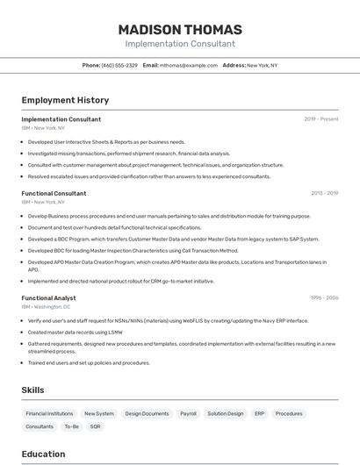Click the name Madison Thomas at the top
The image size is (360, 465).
(x=180, y=30)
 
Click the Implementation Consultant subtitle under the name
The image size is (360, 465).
(x=180, y=44)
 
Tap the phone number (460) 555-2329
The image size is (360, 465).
(x=119, y=65)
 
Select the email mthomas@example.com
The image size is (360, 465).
(x=188, y=65)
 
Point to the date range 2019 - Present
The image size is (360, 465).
(x=321, y=119)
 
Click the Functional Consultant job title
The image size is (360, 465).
(x=54, y=193)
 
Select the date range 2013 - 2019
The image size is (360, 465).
(x=324, y=193)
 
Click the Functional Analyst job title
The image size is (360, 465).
(x=48, y=298)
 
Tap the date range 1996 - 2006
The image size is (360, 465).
(x=323, y=298)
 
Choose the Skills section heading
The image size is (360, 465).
(x=32, y=390)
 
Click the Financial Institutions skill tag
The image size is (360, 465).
(x=49, y=413)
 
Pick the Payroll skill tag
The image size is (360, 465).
(x=188, y=413)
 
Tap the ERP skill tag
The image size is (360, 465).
(x=259, y=413)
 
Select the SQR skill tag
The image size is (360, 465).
(x=95, y=426)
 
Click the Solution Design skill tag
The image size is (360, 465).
(x=226, y=413)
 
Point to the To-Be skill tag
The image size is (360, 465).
(x=71, y=426)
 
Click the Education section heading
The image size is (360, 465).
(x=43, y=454)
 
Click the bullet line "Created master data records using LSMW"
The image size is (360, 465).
(x=75, y=332)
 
